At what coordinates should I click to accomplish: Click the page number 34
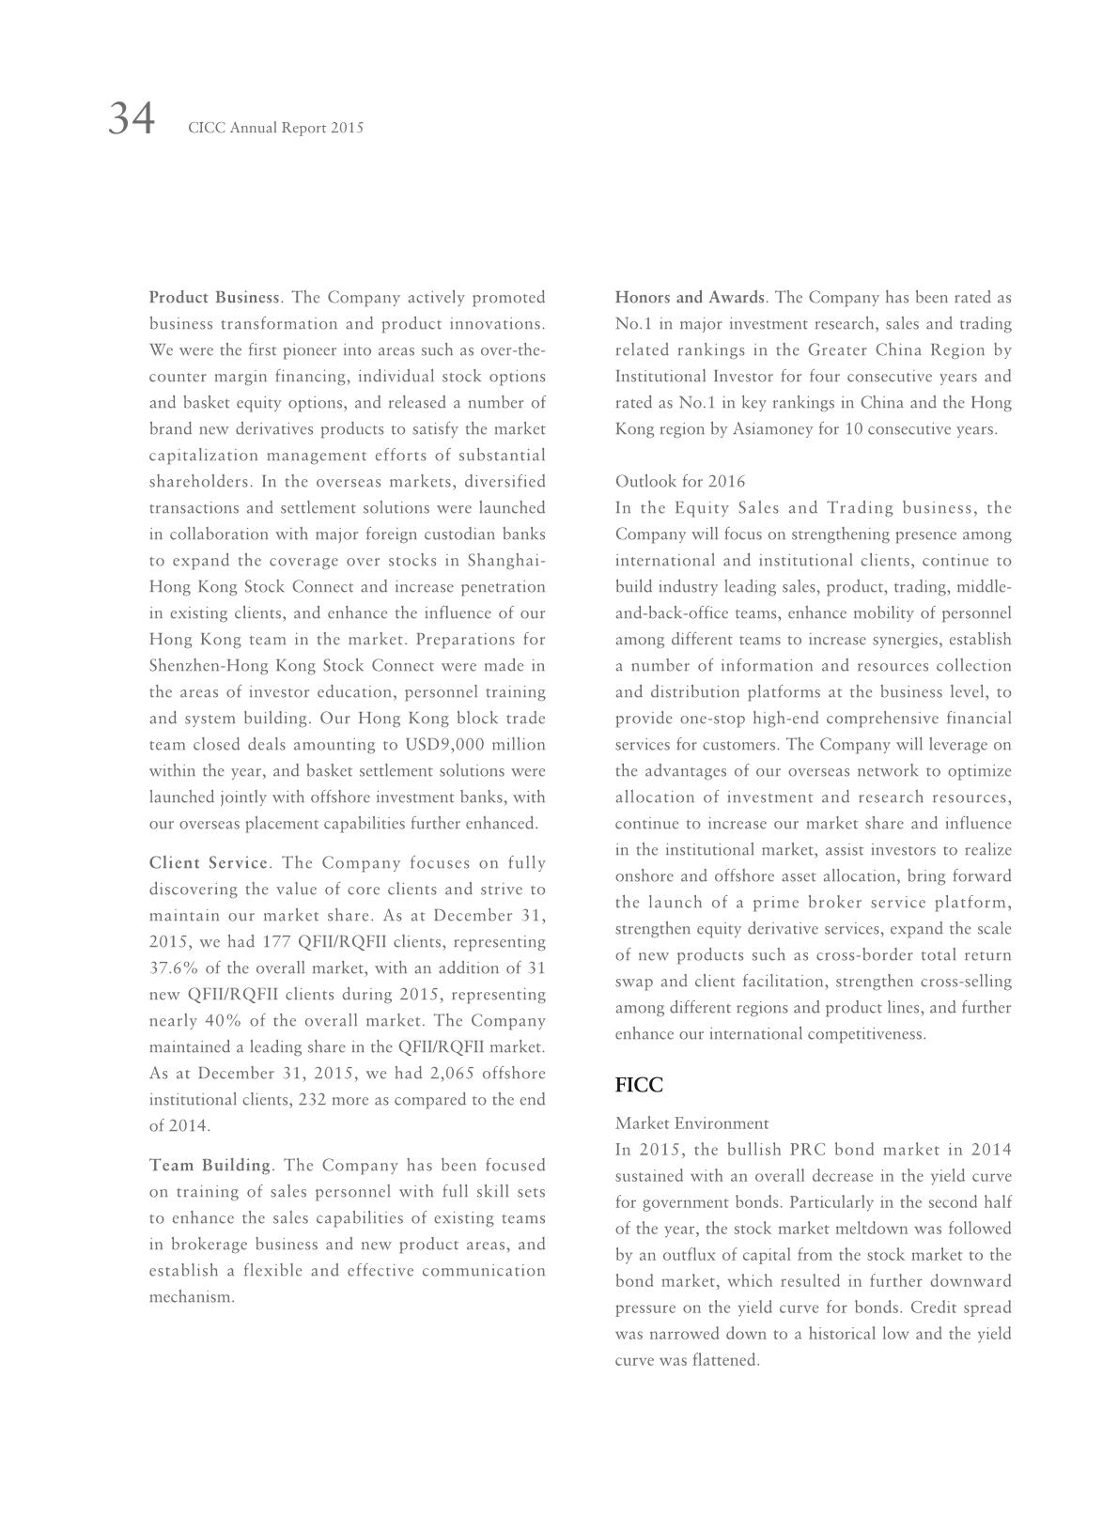(132, 120)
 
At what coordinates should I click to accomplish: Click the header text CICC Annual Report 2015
(275, 128)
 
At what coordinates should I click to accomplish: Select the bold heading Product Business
(214, 298)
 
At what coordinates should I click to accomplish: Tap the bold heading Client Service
(209, 863)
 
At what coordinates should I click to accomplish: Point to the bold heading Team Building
(210, 1166)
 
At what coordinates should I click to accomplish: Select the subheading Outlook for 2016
(680, 482)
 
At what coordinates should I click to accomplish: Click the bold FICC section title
(639, 1086)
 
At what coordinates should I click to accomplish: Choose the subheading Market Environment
(691, 1123)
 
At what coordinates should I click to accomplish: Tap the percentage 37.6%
(171, 968)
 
